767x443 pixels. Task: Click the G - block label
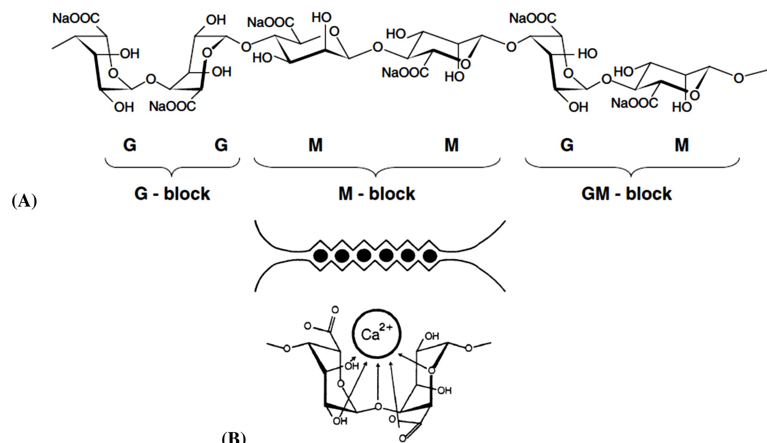[172, 194]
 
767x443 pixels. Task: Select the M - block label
[377, 194]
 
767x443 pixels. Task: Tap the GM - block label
[627, 194]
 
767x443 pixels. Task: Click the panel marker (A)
[25, 201]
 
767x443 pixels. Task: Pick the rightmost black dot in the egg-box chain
[430, 256]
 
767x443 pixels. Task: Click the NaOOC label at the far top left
[76, 18]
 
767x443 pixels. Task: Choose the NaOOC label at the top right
[532, 18]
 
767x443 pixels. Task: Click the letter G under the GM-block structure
[567, 145]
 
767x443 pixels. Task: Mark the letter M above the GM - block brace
[682, 145]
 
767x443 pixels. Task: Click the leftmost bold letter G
[130, 145]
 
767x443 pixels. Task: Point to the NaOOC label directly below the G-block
[173, 107]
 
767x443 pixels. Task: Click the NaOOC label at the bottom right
[634, 103]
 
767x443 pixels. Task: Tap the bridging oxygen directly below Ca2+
[378, 407]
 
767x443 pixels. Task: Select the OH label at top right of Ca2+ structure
[432, 336]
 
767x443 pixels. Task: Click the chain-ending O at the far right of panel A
[738, 78]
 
